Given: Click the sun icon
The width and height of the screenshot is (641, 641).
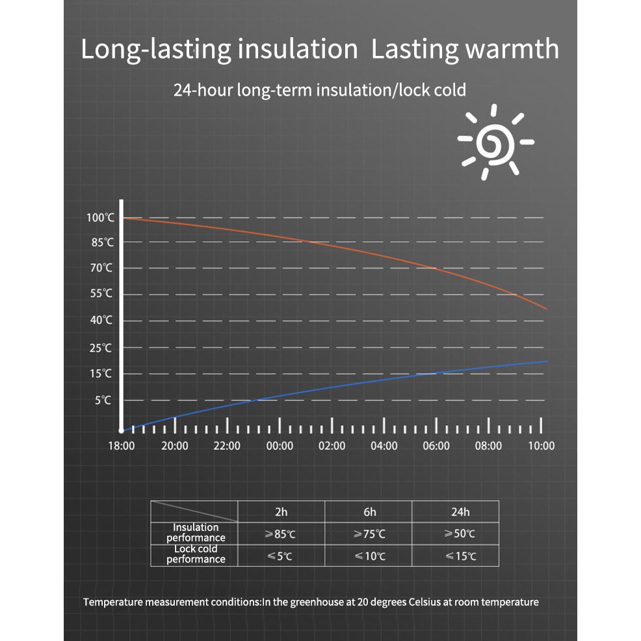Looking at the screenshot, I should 495,142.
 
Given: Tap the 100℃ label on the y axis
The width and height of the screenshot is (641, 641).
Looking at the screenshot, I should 100,217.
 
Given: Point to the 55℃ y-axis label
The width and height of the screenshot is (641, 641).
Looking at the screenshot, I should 101,294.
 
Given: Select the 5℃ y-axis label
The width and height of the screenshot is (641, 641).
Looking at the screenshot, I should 103,400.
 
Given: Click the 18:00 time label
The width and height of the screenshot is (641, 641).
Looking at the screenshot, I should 122,446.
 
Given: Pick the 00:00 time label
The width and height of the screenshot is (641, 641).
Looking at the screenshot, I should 280,446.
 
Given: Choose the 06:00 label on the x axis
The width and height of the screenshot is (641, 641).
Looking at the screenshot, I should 436,446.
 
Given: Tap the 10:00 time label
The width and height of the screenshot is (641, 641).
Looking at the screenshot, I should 541,446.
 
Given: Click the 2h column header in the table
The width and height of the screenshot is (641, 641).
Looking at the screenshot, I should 281,512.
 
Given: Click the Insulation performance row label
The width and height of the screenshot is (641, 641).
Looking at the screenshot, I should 196,532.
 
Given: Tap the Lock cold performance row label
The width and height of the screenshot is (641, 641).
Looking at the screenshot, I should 196,554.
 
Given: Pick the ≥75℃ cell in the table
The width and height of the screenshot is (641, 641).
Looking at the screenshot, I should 369,534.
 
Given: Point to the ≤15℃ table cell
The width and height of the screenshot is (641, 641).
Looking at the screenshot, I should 460,556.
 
